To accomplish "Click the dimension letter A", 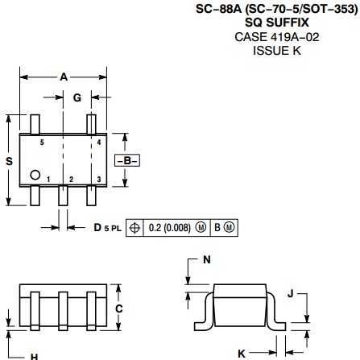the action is pos(64,77).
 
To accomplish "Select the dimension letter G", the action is pos(77,97).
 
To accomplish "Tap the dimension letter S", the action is pos(10,161).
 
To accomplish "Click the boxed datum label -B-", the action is pos(127,160).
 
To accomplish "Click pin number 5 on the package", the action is pos(42,143).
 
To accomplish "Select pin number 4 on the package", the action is pos(99,143).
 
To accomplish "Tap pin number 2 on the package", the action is pos(71,180).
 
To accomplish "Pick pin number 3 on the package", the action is pos(99,180).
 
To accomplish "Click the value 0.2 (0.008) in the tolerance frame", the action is pos(170,228).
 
